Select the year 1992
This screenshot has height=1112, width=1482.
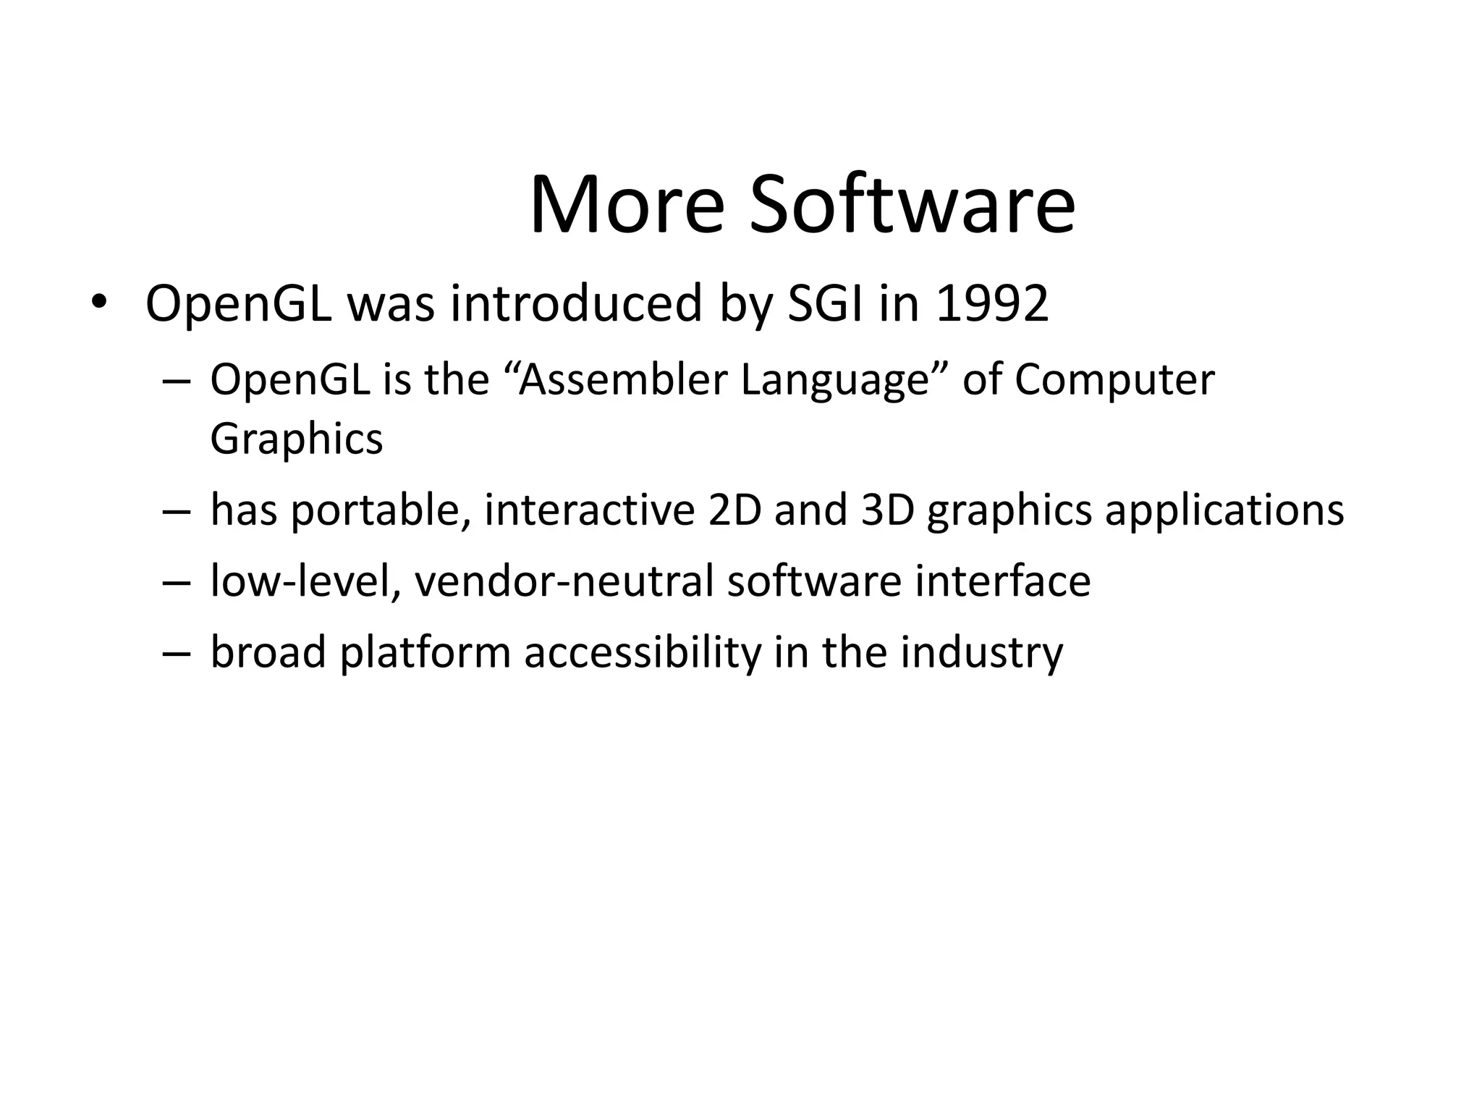pyautogui.click(x=992, y=303)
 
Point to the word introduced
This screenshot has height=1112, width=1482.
pyautogui.click(x=576, y=303)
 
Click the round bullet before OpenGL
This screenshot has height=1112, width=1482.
pyautogui.click(x=98, y=302)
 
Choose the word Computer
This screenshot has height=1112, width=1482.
pyautogui.click(x=1114, y=379)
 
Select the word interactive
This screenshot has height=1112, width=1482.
pyautogui.click(x=589, y=510)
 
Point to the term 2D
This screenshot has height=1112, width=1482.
pyautogui.click(x=734, y=510)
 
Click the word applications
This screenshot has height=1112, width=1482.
pyautogui.click(x=1224, y=510)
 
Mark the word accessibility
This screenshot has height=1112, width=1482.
pyautogui.click(x=643, y=652)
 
